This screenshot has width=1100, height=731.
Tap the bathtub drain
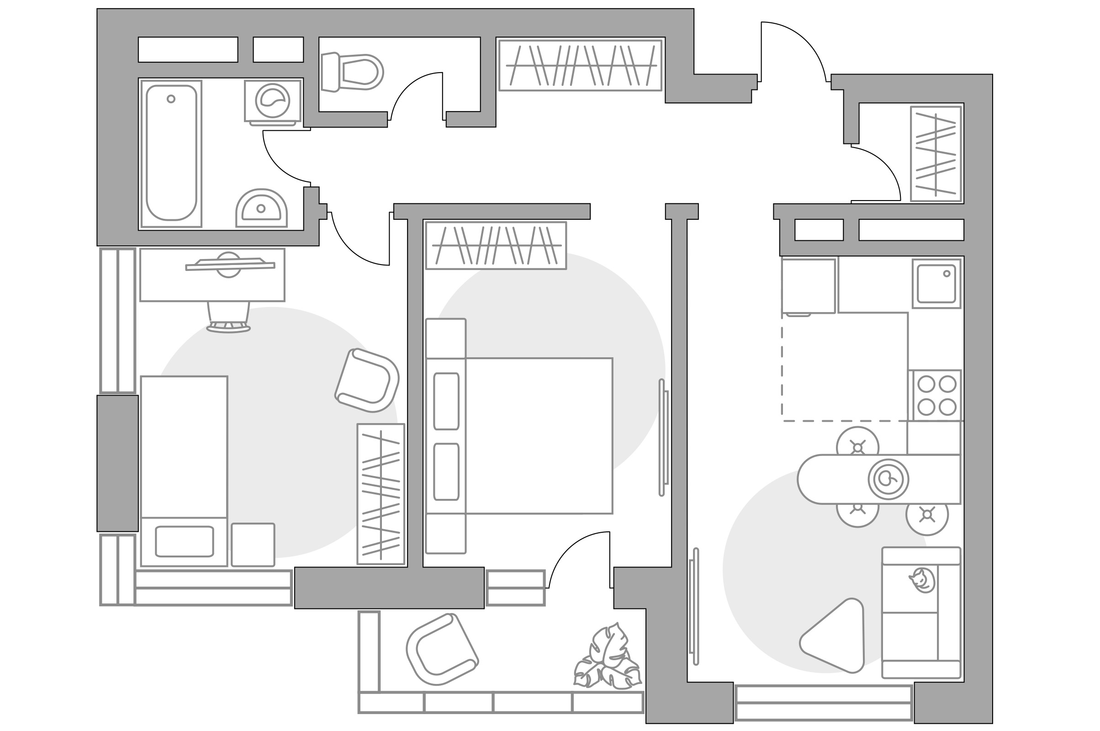(x=171, y=99)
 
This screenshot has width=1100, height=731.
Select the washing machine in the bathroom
(x=273, y=101)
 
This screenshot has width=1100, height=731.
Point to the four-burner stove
(x=937, y=395)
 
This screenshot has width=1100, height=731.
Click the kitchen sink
(x=936, y=284)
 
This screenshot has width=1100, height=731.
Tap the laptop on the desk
(x=230, y=265)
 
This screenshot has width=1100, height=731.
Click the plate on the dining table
(x=888, y=479)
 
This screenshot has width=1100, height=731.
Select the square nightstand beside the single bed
(x=253, y=545)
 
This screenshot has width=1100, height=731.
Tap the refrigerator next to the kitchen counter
(x=808, y=286)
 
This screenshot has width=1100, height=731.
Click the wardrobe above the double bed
(x=496, y=246)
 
